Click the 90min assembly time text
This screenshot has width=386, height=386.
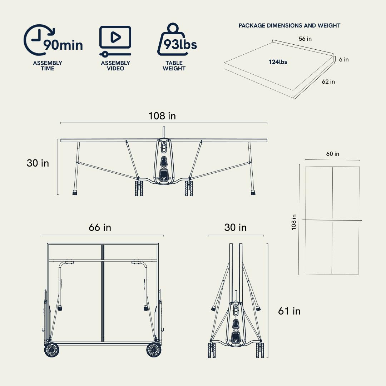63,45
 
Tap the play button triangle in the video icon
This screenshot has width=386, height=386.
115,37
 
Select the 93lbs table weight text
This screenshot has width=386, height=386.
180,45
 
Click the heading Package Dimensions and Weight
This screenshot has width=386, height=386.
289,26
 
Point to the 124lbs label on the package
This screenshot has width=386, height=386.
278,62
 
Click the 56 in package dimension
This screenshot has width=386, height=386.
305,39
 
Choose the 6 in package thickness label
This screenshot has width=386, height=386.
344,60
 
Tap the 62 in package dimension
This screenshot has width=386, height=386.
328,82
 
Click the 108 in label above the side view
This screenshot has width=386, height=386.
162,116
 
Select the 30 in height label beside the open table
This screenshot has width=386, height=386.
38,163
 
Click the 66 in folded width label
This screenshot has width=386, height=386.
100,227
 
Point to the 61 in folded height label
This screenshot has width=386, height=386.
289,311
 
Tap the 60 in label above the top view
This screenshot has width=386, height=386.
333,154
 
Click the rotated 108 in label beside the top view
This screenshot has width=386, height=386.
294,222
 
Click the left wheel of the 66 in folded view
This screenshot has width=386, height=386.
52,350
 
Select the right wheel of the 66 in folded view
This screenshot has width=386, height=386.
154,350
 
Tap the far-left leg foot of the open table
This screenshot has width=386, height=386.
75,193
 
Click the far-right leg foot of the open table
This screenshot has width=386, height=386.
253,193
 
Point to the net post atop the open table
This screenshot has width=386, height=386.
164,133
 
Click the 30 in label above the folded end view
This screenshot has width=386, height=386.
235,227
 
